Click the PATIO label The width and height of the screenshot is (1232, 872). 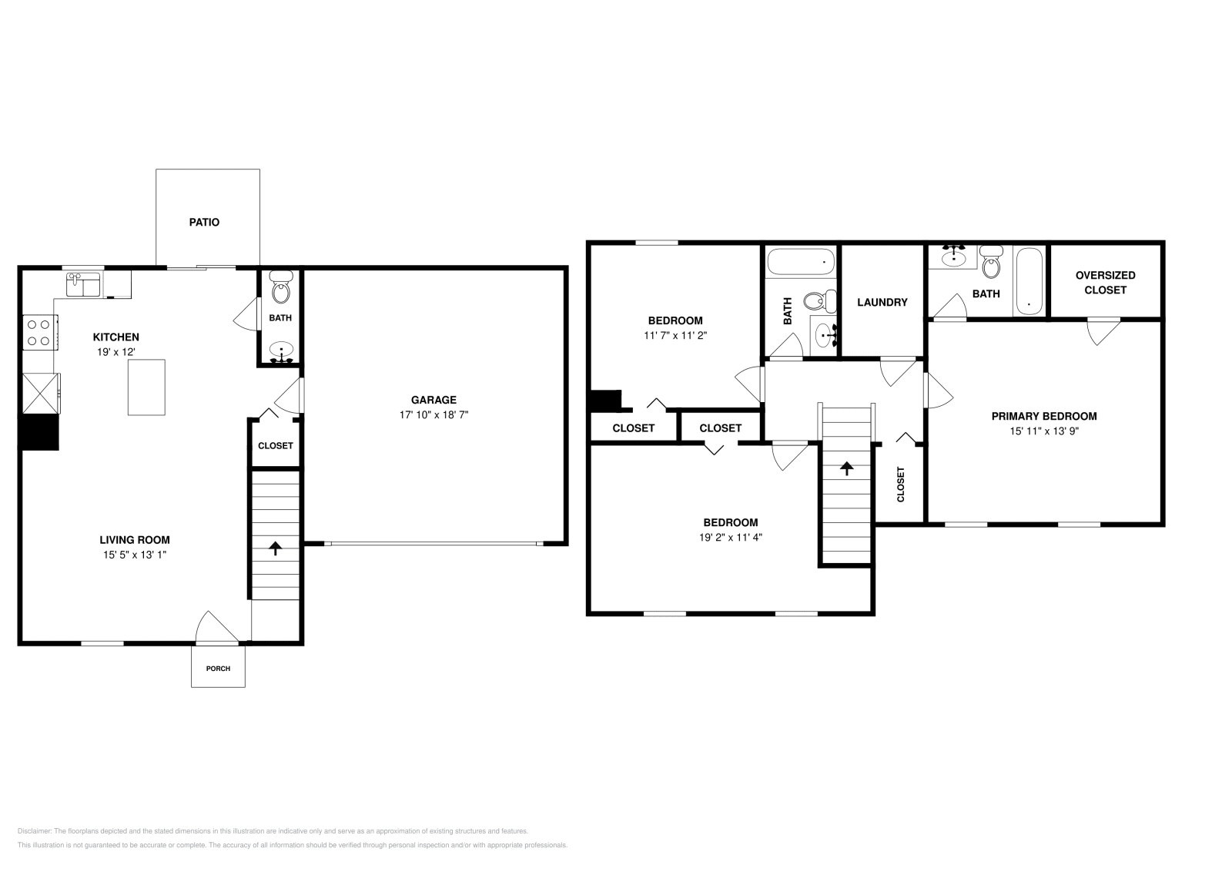[204, 223]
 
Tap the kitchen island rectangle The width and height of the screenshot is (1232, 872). [147, 387]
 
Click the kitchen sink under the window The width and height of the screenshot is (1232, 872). [83, 284]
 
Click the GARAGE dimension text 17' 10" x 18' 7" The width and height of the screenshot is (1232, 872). [434, 414]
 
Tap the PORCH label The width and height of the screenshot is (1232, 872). [218, 668]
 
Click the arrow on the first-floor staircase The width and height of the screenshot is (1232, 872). [275, 548]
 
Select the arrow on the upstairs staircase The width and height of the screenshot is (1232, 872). [846, 468]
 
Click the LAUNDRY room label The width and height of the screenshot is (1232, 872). [882, 303]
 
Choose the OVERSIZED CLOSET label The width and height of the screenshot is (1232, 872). [1105, 283]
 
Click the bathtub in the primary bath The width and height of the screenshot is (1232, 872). [1029, 280]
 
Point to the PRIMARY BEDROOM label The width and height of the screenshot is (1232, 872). [1043, 416]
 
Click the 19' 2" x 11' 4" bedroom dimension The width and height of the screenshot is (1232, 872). [731, 538]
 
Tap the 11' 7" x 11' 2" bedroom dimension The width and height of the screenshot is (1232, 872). [675, 336]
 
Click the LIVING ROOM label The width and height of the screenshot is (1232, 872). [135, 540]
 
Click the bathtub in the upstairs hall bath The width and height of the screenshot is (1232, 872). [801, 262]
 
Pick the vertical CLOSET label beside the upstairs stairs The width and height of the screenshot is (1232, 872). [900, 485]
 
